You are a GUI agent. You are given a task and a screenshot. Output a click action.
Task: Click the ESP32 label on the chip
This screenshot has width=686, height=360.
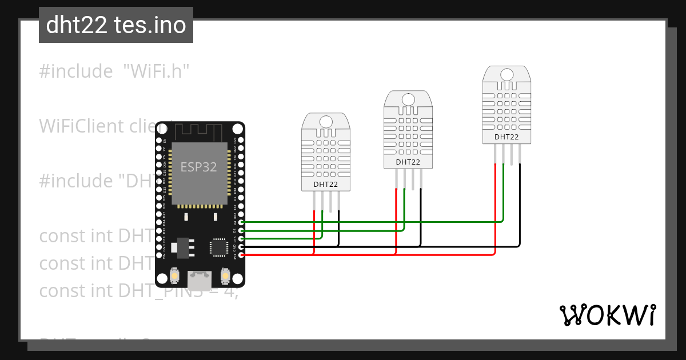coord(198,167)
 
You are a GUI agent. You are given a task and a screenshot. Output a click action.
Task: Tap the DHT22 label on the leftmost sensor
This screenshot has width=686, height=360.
coord(325,185)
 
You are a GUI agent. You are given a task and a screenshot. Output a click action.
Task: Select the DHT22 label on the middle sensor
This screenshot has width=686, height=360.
coord(408,162)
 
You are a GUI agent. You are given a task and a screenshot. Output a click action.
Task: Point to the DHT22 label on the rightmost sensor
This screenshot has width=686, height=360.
coord(506,137)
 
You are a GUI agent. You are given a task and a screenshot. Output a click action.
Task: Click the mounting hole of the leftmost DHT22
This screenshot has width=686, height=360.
coord(325,121)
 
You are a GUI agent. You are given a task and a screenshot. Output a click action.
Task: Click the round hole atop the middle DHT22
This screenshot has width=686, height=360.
coord(408,99)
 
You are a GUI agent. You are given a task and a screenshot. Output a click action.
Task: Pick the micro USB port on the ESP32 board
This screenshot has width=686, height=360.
coord(199,279)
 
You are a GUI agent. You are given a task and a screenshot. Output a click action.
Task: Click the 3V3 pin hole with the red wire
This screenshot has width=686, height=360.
coord(241,255)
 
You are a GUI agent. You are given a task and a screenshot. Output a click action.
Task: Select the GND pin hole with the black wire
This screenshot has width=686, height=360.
coord(241,246)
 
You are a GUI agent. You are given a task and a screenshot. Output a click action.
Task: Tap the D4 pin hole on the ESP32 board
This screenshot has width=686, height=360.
coord(241,222)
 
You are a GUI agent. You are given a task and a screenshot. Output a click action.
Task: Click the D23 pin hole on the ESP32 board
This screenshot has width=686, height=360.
coord(241,139)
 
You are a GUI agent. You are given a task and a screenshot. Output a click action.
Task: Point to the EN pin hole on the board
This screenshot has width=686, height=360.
coord(159,139)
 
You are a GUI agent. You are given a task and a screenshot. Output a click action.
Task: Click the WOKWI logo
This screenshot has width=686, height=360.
coord(607,315)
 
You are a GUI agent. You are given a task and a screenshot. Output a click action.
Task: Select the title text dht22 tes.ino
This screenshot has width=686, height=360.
coord(116,25)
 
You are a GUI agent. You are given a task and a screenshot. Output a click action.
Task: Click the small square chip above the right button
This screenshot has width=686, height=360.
coord(219,247)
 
